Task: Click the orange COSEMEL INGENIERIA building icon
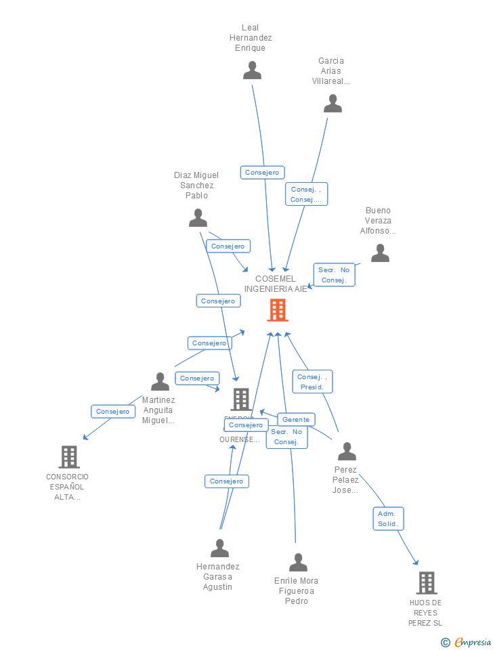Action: (278, 310)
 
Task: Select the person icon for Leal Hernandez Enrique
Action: (253, 70)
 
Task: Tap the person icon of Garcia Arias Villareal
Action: (333, 104)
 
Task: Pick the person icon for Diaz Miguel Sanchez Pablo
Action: (198, 218)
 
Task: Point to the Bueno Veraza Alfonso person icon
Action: (380, 253)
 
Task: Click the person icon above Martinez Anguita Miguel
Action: (160, 382)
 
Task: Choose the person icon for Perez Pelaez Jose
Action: (347, 452)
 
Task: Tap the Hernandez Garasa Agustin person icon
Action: (219, 548)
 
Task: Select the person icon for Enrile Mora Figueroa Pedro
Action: (298, 563)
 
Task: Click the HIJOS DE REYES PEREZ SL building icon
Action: (426, 583)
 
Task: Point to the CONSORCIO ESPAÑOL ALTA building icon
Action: (69, 457)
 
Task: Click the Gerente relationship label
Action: (296, 420)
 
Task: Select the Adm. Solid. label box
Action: (388, 519)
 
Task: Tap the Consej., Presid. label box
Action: (312, 382)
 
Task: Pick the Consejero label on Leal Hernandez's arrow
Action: (262, 173)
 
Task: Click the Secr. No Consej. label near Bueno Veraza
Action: (334, 274)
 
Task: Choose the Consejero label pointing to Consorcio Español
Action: (113, 412)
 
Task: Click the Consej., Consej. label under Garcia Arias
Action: (306, 194)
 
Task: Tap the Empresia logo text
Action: (473, 642)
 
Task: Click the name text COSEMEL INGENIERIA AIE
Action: (276, 284)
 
